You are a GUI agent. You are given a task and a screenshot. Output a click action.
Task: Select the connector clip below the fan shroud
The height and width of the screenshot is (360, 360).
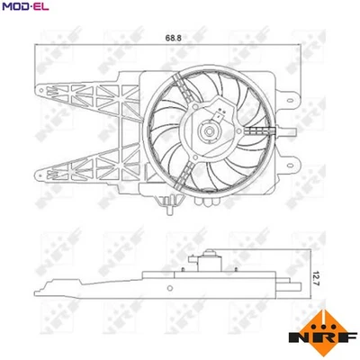[x=167, y=211]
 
